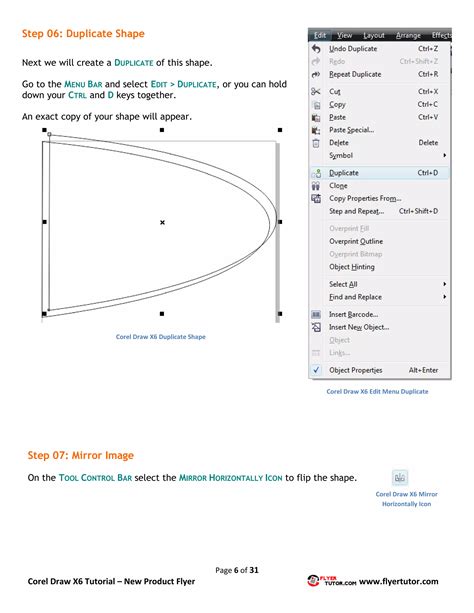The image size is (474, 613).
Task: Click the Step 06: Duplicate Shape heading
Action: [83, 34]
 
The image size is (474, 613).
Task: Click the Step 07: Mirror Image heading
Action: [80, 455]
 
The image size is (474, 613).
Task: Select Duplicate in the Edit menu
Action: [344, 172]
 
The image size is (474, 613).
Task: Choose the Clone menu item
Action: [338, 185]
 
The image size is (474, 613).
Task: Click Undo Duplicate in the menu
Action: [353, 48]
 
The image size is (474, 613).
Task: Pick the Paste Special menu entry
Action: [351, 129]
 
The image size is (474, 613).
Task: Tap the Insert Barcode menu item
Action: [353, 314]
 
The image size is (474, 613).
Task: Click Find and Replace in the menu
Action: [355, 297]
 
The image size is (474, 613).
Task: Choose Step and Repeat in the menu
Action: [356, 211]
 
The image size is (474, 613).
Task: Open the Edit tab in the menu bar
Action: [320, 35]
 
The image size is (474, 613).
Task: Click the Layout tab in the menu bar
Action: [374, 35]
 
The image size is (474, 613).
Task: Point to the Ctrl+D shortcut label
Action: [428, 172]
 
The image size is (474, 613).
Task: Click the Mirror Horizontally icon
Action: [401, 478]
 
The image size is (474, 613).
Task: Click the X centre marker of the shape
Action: [162, 222]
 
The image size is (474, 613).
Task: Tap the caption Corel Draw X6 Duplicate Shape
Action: [161, 337]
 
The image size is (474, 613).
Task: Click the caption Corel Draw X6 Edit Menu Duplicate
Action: [378, 391]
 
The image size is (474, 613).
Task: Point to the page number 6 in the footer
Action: [237, 569]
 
